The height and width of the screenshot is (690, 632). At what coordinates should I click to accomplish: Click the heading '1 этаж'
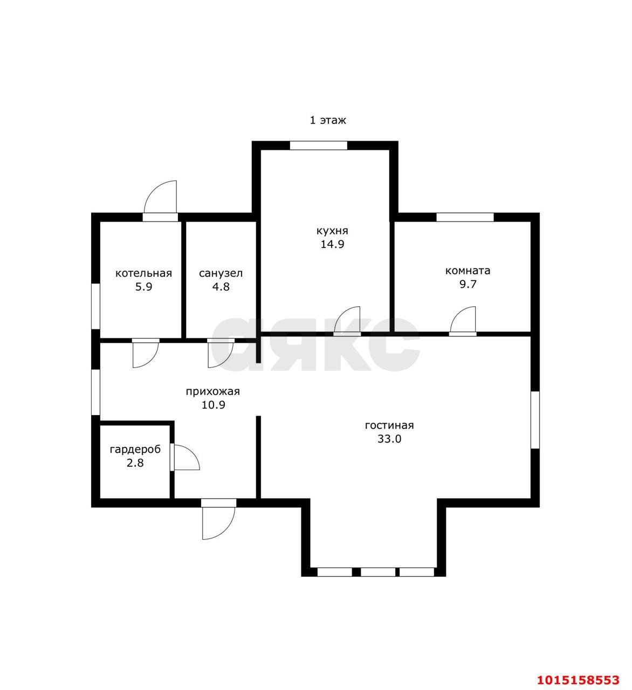tap(328, 120)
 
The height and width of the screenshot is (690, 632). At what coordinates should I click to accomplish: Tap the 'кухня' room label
tap(332, 231)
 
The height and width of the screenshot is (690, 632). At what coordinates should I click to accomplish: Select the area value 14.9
tap(332, 244)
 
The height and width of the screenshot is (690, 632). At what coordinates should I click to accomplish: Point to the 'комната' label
tap(468, 271)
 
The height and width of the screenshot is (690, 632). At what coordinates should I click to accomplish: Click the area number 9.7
tap(468, 284)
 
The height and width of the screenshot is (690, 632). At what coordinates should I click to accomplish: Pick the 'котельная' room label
tap(143, 273)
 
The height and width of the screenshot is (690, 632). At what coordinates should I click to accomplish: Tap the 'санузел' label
tap(221, 274)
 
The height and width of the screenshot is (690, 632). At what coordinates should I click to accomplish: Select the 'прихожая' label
tap(212, 391)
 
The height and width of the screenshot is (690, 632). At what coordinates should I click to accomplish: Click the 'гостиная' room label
tap(389, 425)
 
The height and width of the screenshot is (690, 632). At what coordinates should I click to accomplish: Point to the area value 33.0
tap(389, 439)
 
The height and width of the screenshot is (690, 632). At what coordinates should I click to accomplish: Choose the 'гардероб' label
tap(135, 450)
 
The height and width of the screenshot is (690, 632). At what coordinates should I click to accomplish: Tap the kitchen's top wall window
tap(318, 146)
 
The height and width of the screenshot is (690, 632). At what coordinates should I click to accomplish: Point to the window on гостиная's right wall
tap(535, 419)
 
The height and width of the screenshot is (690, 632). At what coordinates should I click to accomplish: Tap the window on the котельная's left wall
tap(95, 306)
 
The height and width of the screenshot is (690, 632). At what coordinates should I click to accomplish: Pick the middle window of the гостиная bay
tap(378, 572)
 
